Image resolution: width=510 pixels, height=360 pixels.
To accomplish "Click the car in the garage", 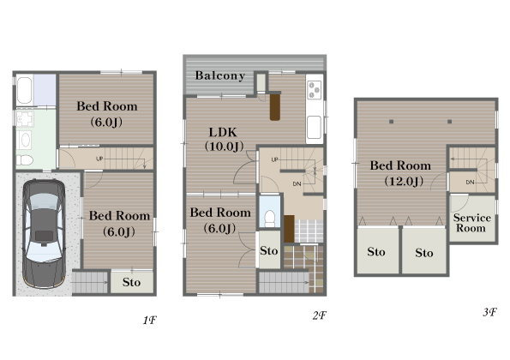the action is pyautogui.click(x=45, y=234).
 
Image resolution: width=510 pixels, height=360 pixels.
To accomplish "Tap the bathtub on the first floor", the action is pyautogui.click(x=24, y=90).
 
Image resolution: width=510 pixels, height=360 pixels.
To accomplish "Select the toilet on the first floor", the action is pyautogui.click(x=25, y=160).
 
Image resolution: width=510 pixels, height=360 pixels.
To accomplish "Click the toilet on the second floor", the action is pyautogui.click(x=270, y=219).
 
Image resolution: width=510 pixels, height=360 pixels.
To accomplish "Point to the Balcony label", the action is pyautogui.click(x=220, y=75).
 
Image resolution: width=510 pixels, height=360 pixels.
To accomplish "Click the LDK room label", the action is pyautogui.click(x=223, y=132).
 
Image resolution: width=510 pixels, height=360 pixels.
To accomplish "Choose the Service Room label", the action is pyautogui.click(x=471, y=223).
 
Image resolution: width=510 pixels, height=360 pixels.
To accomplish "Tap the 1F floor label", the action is pyautogui.click(x=150, y=321).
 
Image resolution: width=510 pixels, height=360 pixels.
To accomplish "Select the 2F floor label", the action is pyautogui.click(x=320, y=315).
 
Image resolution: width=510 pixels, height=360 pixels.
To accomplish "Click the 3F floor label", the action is pyautogui.click(x=489, y=312).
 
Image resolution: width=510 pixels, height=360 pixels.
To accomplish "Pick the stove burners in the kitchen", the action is pyautogui.click(x=315, y=89).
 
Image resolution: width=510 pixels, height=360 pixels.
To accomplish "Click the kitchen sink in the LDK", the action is pyautogui.click(x=315, y=128).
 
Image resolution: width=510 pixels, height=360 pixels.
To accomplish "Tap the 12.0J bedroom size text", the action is pyautogui.click(x=404, y=181).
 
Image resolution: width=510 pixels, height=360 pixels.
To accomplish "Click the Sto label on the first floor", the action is pyautogui.click(x=131, y=282).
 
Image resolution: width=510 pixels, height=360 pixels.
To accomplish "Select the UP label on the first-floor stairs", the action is pyautogui.click(x=99, y=159).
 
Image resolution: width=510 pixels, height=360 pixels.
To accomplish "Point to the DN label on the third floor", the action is pyautogui.click(x=470, y=182).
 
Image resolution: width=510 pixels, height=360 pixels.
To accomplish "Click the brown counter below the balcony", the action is pyautogui.click(x=275, y=107).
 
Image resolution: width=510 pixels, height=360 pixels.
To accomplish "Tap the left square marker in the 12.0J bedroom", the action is pyautogui.click(x=391, y=122).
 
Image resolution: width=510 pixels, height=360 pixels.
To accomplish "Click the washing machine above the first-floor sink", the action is pyautogui.click(x=25, y=118).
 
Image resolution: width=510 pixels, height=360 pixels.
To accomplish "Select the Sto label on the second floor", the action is pyautogui.click(x=268, y=251).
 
